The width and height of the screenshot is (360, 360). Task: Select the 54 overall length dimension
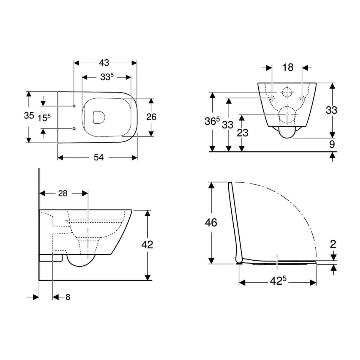click(x=98, y=157)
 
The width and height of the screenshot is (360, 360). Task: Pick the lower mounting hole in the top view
click(x=73, y=129)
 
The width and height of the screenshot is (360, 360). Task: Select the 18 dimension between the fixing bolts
click(x=288, y=67)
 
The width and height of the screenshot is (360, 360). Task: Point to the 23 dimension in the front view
click(x=242, y=132)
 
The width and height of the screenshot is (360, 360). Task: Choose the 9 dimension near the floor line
click(x=332, y=145)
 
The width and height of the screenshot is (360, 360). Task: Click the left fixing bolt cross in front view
click(x=272, y=97)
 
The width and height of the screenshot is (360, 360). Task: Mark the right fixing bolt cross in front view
click(x=302, y=97)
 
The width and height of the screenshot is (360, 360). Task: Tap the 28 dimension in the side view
click(x=62, y=193)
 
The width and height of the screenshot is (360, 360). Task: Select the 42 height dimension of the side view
click(x=147, y=244)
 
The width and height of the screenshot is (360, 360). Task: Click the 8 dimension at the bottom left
click(x=68, y=297)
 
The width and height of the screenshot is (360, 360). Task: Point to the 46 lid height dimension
click(x=211, y=223)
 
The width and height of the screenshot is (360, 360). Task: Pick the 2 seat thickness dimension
click(x=333, y=244)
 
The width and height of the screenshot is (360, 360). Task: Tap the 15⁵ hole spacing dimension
click(x=44, y=118)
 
